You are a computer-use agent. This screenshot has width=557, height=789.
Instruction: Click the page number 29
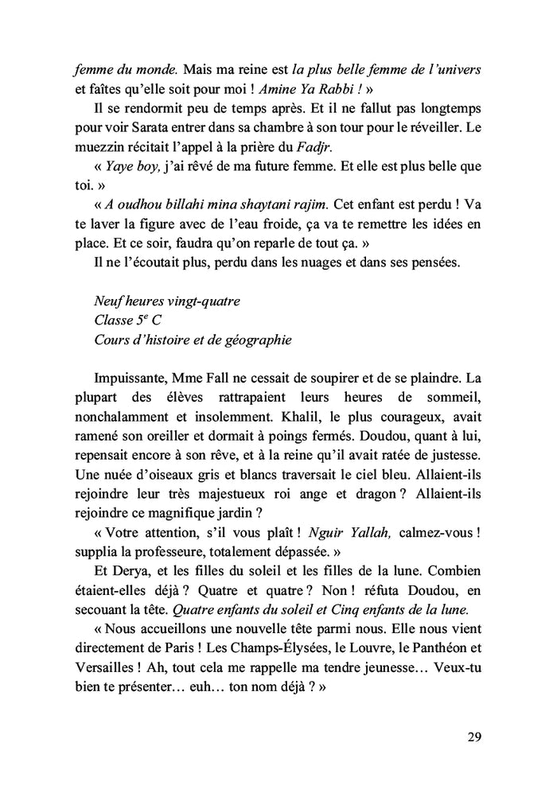473,736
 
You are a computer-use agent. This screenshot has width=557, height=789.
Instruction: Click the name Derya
138,570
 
